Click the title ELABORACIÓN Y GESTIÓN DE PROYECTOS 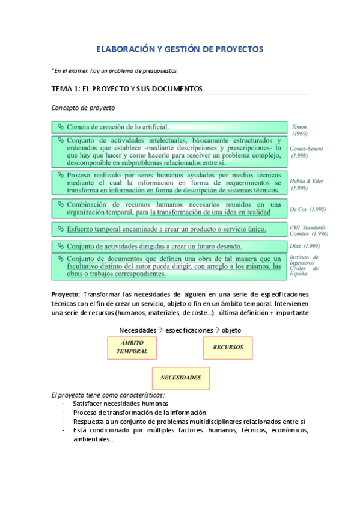(x=180, y=49)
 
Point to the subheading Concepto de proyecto (x=83, y=108)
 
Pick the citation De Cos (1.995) (x=308, y=209)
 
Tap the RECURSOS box (x=228, y=348)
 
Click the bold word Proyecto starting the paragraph (x=66, y=294)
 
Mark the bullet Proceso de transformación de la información (x=139, y=413)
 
